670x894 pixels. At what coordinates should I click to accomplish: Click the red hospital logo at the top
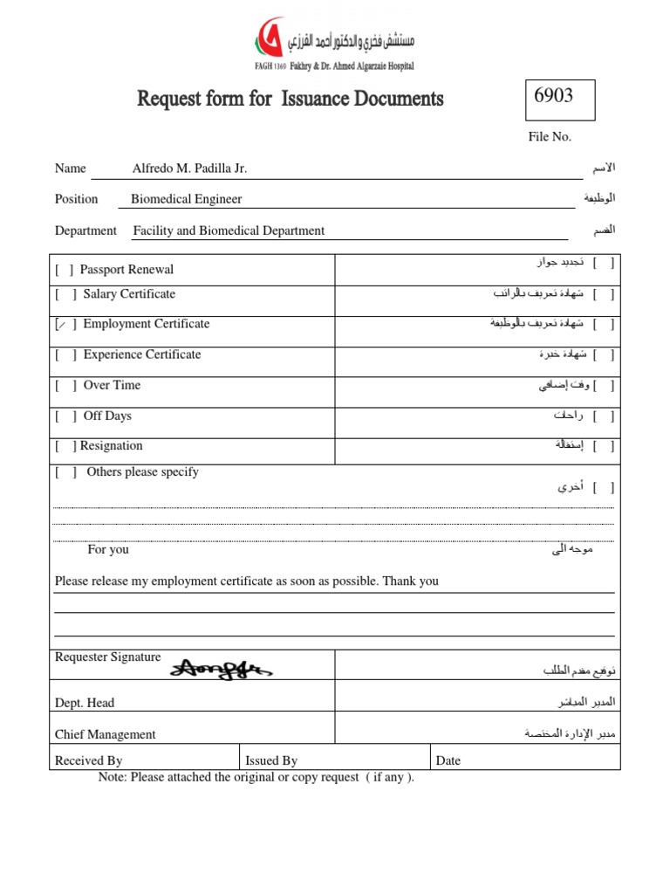pyautogui.click(x=267, y=37)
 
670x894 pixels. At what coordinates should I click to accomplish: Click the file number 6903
pyautogui.click(x=553, y=96)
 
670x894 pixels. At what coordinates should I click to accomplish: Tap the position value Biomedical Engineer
pyautogui.click(x=186, y=199)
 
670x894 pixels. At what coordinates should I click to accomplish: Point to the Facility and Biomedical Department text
pyautogui.click(x=229, y=230)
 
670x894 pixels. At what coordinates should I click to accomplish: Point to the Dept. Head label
pyautogui.click(x=85, y=703)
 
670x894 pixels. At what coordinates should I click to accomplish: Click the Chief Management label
pyautogui.click(x=106, y=735)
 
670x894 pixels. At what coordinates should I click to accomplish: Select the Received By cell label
pyautogui.click(x=88, y=760)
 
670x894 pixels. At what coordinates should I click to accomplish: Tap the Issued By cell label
pyautogui.click(x=271, y=760)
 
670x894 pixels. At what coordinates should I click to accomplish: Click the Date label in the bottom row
pyautogui.click(x=448, y=760)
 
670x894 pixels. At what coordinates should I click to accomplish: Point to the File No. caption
pyautogui.click(x=550, y=137)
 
